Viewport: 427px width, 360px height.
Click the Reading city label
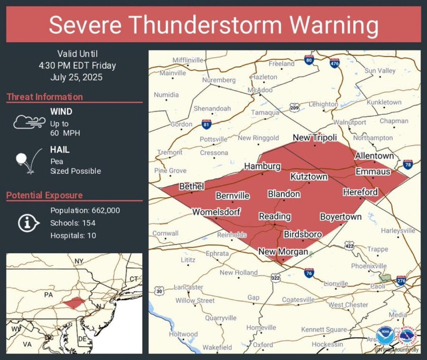(x=275, y=216)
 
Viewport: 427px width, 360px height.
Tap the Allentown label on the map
(x=374, y=156)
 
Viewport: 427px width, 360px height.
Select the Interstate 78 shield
(x=408, y=165)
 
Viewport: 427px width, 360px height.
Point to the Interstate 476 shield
(x=334, y=63)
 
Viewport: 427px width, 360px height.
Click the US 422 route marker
(x=349, y=245)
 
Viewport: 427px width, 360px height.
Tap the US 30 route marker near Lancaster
(x=159, y=291)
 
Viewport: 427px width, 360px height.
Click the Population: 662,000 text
(x=85, y=210)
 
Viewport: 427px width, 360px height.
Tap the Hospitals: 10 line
(x=73, y=235)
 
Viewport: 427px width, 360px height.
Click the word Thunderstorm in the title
(x=205, y=25)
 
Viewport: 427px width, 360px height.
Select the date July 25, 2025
(x=76, y=77)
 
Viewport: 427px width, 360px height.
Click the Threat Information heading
(x=45, y=97)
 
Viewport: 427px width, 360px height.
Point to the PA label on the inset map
(x=48, y=295)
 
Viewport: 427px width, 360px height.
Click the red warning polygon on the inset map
(x=74, y=303)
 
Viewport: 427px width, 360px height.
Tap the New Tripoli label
(x=315, y=137)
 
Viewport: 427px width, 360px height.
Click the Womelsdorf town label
(x=216, y=212)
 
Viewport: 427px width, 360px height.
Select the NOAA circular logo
(x=385, y=335)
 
